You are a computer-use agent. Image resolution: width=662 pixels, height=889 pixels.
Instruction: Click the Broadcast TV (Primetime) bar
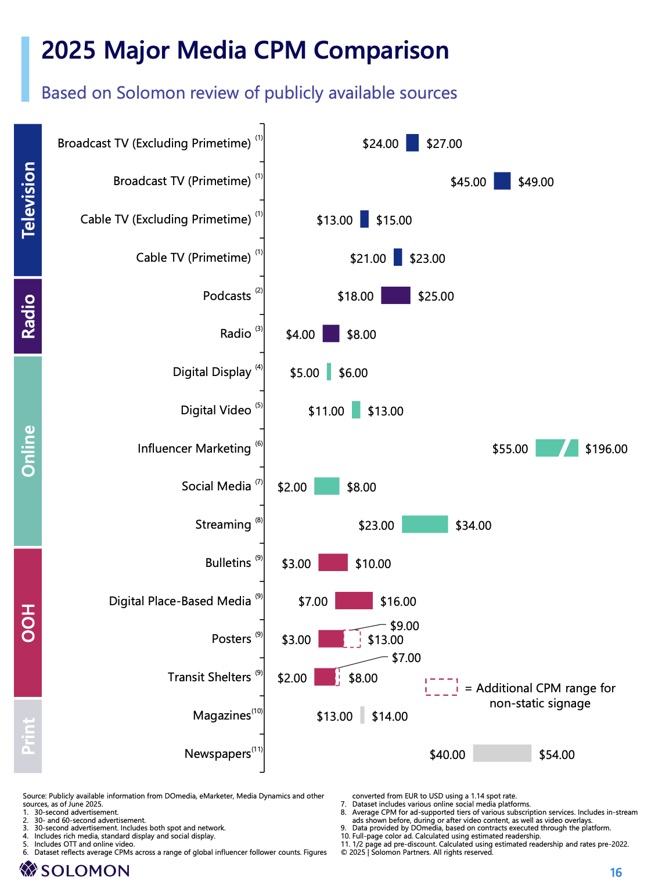[x=502, y=181]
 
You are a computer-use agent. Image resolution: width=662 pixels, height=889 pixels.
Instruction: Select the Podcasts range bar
[x=395, y=295]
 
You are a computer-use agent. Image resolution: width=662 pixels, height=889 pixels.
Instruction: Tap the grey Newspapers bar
[x=502, y=753]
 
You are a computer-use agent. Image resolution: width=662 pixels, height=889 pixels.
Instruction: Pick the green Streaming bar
[x=424, y=524]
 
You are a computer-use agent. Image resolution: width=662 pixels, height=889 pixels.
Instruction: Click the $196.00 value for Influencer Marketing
[x=606, y=449]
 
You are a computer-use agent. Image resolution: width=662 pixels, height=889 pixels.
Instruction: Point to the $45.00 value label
[x=468, y=182]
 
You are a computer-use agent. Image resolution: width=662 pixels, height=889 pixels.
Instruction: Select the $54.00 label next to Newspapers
[x=556, y=754]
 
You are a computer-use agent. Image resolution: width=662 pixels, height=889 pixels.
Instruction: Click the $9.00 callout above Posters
[x=404, y=626]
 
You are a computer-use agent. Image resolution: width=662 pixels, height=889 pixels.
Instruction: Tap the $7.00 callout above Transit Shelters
[x=406, y=657]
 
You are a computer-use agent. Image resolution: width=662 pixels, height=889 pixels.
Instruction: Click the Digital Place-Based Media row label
[x=180, y=601]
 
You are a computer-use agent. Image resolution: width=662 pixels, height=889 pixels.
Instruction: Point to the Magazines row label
[x=222, y=715]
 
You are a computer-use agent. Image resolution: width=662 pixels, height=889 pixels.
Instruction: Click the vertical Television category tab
[x=28, y=200]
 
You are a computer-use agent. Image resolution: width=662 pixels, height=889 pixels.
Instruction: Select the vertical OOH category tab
[x=28, y=623]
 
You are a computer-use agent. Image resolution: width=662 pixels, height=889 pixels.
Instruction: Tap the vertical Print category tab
[x=28, y=736]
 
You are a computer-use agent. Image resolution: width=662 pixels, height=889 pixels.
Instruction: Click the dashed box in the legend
[x=441, y=686]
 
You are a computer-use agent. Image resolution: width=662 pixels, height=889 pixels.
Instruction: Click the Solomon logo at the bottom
[x=74, y=870]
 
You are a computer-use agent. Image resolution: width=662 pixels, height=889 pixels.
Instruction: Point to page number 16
[x=616, y=872]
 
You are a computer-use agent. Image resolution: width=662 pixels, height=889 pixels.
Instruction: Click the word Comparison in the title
[x=381, y=50]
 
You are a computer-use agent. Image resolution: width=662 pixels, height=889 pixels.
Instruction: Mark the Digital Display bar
[x=329, y=371]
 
